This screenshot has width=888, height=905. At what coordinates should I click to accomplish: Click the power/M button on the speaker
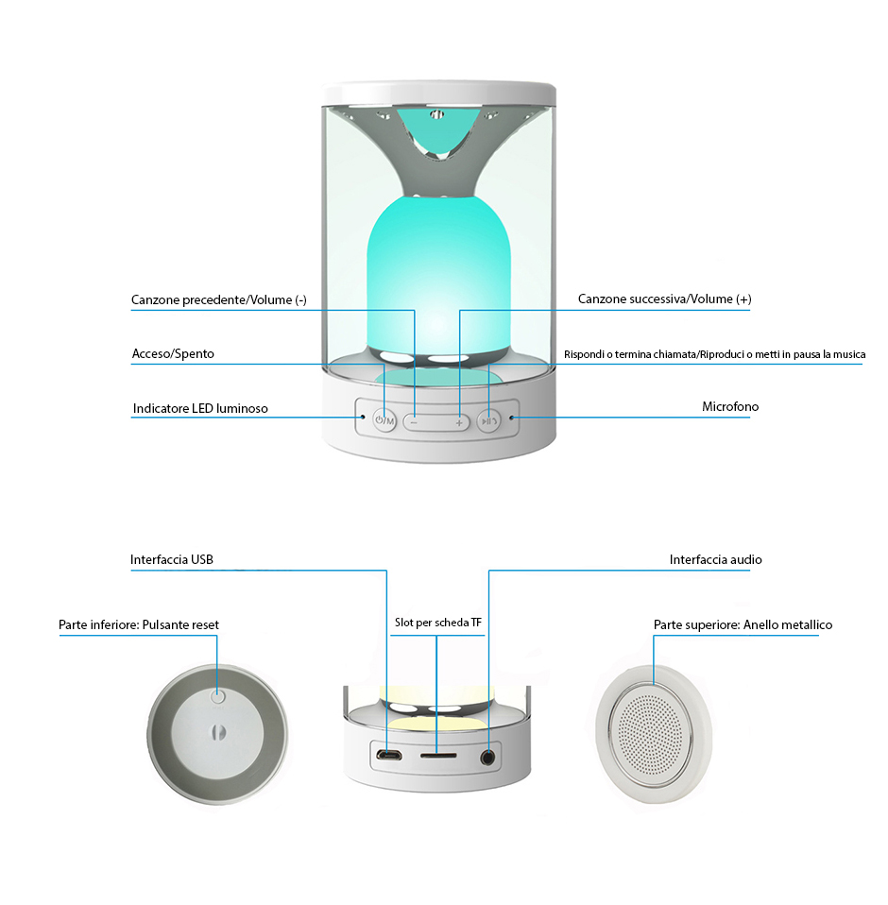[x=384, y=420]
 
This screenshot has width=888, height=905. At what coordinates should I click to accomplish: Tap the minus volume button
[x=414, y=422]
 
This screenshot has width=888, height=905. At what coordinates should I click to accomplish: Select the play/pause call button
[x=487, y=421]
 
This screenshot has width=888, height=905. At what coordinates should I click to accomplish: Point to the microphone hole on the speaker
[x=513, y=417]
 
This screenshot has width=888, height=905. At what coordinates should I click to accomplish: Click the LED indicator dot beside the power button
[x=362, y=417]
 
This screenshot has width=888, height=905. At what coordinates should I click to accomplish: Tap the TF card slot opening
[x=437, y=756]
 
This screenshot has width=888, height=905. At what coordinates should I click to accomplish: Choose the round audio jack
[x=487, y=756]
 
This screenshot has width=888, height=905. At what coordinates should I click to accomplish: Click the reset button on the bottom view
[x=218, y=697]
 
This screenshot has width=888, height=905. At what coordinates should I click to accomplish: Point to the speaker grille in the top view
[x=656, y=734]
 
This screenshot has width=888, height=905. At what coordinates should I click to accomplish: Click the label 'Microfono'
[x=729, y=407]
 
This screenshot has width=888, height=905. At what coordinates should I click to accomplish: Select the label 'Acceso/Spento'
[x=173, y=354]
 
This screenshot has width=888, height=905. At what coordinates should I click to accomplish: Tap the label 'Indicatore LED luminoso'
[x=200, y=409]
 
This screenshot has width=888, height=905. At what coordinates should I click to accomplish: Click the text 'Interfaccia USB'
[x=172, y=560]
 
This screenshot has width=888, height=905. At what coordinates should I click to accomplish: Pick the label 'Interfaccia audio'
[x=715, y=560]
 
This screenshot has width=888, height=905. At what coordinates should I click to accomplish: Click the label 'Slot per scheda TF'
[x=438, y=623]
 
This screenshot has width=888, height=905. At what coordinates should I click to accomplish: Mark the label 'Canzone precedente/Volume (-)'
[x=219, y=300]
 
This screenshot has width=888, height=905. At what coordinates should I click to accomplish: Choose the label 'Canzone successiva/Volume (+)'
[x=664, y=299]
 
